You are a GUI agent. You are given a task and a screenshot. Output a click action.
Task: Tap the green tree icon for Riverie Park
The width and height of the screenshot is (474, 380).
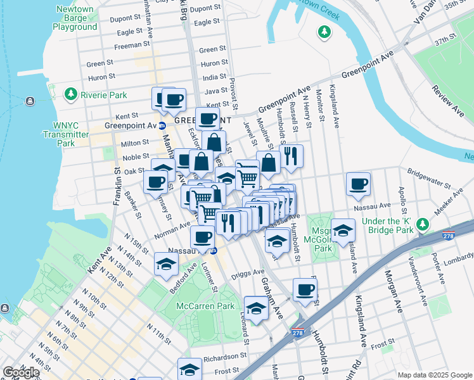point(71,95)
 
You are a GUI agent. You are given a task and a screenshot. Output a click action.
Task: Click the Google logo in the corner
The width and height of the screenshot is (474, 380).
point(21,372)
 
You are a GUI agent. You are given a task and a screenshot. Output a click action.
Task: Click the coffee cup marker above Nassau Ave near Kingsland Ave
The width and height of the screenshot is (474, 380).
point(358,184)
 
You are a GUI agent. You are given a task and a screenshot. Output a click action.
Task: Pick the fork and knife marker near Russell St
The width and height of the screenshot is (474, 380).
point(291,156)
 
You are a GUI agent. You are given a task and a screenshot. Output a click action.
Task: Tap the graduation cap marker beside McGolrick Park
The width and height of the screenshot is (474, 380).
point(343,231)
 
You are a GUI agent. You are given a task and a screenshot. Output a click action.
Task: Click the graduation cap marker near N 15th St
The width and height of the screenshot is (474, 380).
point(166,265)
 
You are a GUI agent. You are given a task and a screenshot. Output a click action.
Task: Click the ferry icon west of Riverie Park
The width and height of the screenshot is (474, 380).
point(30,101)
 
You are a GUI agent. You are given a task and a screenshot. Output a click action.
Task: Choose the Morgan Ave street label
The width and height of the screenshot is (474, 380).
point(392,295)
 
